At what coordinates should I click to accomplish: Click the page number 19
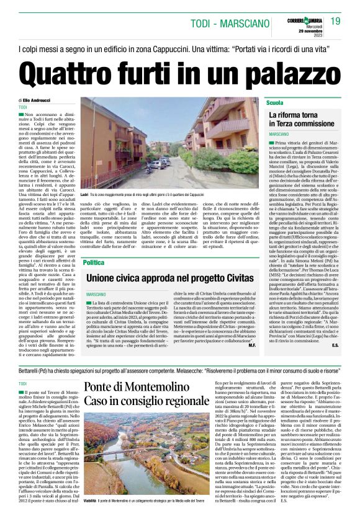tap(335, 21)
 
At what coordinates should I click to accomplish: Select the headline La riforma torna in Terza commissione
tap(302, 119)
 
